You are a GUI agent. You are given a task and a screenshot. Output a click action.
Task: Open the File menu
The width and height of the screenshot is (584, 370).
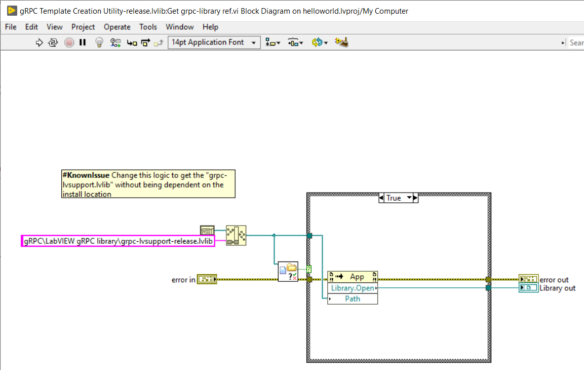[x=11, y=27]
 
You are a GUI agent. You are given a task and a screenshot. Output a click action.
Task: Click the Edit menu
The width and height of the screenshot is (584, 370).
[x=31, y=27]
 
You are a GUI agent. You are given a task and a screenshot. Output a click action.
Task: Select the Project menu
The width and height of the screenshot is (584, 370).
[x=83, y=27]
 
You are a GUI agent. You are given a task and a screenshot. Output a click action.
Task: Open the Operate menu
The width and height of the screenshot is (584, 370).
[x=117, y=27]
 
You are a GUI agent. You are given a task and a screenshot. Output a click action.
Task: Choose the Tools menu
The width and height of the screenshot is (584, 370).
[x=148, y=27]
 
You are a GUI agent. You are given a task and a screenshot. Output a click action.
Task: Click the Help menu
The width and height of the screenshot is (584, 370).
[x=210, y=27]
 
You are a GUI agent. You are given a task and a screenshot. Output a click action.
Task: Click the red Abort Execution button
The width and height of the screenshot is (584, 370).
[x=69, y=43]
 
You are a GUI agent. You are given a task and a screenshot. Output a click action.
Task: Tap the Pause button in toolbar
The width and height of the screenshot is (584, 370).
[x=83, y=43]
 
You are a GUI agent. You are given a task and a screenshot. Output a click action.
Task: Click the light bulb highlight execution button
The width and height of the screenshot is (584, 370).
[x=99, y=43]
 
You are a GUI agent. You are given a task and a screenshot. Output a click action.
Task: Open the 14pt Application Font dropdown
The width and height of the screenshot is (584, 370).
[x=214, y=43]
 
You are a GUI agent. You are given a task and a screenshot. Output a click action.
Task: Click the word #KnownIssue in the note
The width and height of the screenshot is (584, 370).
[x=86, y=175]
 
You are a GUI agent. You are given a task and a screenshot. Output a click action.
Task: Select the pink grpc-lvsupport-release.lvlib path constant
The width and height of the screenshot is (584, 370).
[x=118, y=241]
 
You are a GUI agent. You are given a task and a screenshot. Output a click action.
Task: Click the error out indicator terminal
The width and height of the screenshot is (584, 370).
[x=528, y=279]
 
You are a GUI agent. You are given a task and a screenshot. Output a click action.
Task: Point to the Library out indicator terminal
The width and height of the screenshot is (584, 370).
[x=528, y=288]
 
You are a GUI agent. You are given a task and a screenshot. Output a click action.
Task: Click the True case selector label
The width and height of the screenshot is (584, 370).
[x=394, y=198]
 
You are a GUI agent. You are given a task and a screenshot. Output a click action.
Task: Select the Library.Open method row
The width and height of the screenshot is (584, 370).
[x=353, y=288]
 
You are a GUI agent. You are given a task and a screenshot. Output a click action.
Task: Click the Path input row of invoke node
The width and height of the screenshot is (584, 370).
[x=353, y=299]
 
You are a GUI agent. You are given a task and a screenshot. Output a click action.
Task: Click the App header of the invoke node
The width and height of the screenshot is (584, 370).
[x=357, y=277]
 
